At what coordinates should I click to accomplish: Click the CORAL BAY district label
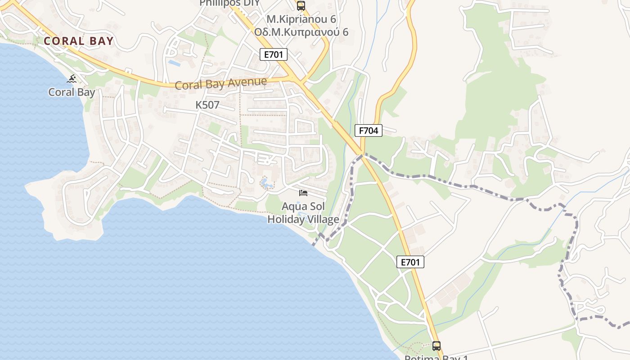pos(79,41)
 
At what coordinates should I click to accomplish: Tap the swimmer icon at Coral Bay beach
pos(72,79)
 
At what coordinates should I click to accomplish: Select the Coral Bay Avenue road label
pos(220,84)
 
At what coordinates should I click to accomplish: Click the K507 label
pos(207,105)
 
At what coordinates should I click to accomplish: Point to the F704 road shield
pos(369,131)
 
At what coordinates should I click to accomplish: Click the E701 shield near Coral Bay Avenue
pos(274,55)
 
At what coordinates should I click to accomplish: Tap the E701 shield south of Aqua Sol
pos(410,262)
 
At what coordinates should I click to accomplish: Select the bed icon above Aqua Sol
pos(303,193)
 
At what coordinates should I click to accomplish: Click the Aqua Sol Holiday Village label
pos(303,213)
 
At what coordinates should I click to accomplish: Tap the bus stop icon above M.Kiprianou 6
pos(301,6)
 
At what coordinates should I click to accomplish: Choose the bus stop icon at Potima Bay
pos(436,346)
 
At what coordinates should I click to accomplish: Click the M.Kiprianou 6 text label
pos(301,19)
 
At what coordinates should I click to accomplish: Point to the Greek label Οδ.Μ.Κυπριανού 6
pos(301,32)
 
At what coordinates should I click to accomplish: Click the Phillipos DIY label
pos(230,3)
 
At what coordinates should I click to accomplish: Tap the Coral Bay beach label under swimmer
pos(72,92)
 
